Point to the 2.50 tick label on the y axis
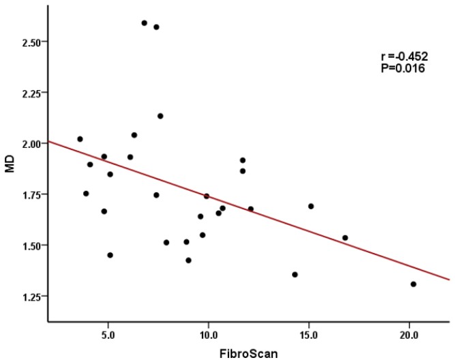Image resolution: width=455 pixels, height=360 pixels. pos(33,42)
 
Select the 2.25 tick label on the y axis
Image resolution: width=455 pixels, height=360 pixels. pos(33,93)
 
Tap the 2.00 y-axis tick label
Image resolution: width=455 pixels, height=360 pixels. pos(33,143)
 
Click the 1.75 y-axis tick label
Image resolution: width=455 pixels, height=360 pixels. pos(33,194)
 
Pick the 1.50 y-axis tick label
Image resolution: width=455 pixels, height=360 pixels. pos(33,245)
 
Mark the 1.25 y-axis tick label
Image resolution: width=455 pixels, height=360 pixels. pos(33,297)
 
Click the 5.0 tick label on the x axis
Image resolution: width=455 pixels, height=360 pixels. pos(108,336)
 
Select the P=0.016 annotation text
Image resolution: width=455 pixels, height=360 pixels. pos(402,69)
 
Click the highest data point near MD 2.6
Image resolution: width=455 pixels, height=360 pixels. pos(144,22)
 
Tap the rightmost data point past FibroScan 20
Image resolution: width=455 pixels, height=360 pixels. pos(413,284)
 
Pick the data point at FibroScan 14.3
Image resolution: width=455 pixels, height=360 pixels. pos(295,274)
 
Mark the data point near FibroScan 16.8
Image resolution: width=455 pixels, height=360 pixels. pos(345,237)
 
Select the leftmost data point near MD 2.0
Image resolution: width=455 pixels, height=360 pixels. pos(80,138)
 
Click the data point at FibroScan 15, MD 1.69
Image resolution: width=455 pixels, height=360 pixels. pos(310,206)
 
